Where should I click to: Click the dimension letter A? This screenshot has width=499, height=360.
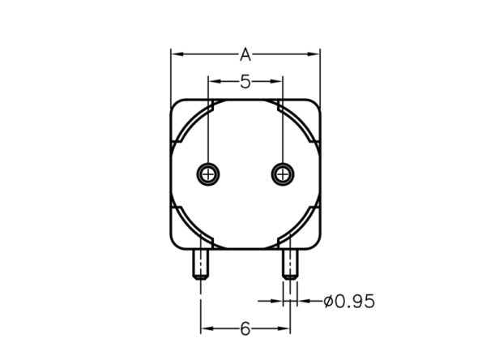(x=245, y=54)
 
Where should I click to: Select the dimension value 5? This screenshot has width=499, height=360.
(x=245, y=82)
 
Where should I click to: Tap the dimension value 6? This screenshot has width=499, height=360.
(x=245, y=328)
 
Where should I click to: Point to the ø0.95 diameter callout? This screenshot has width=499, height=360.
(x=349, y=301)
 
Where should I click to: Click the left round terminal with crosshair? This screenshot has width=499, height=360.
(x=208, y=174)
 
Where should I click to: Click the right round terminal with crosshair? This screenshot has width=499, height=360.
(x=283, y=174)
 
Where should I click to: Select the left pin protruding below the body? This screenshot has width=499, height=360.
(x=201, y=264)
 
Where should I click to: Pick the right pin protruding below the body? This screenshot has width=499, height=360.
(x=290, y=264)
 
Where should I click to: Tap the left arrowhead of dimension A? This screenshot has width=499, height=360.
(x=177, y=54)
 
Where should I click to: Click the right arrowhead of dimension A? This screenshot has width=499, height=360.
(x=313, y=54)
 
